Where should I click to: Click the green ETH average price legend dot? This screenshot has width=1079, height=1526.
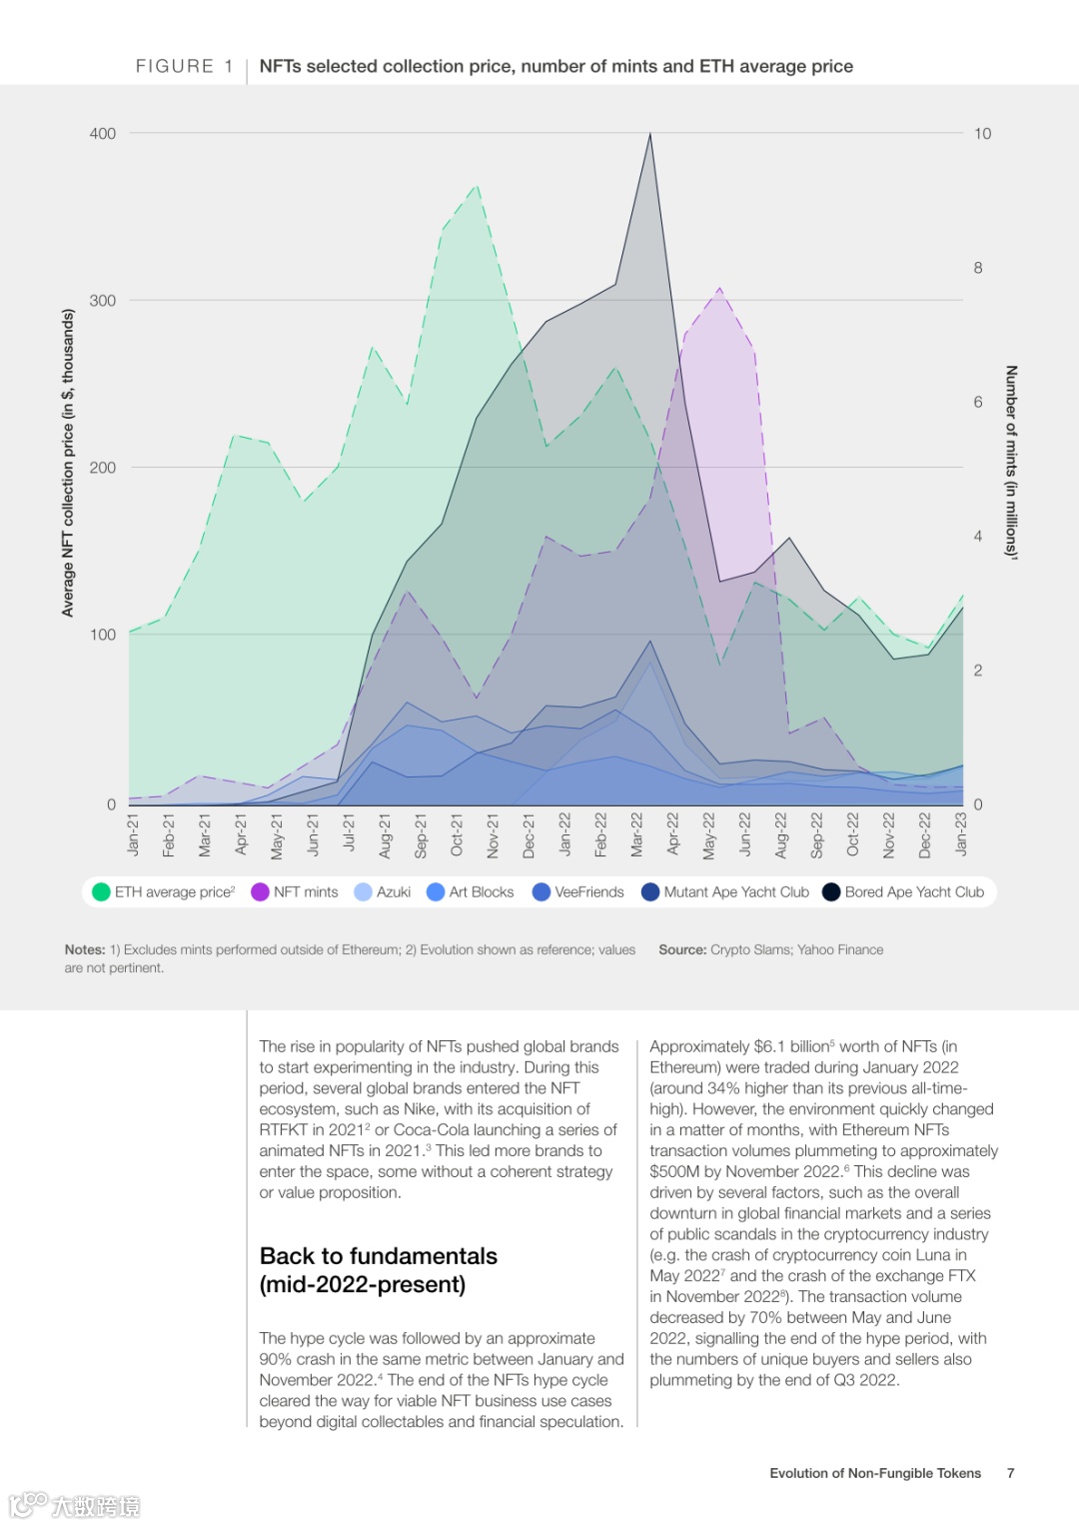coord(101,891)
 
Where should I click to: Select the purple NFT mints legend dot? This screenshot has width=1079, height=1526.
coord(260,891)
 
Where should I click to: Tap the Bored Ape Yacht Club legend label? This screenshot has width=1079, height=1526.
coord(913,891)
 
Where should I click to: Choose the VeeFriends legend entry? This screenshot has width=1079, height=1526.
coord(588,891)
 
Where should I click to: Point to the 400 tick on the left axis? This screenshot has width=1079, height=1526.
coord(102,133)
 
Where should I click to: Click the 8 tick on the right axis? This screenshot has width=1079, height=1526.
coord(978,268)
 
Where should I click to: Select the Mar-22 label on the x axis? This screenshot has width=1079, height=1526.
coord(637,833)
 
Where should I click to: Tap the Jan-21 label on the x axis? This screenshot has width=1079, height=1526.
coord(134,833)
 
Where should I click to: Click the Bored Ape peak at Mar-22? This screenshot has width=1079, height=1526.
coord(650,134)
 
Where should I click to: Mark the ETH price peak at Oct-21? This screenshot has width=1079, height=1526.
coord(477,186)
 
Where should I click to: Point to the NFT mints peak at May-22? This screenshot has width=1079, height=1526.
coord(719,289)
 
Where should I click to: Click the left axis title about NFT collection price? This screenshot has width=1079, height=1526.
coord(68,462)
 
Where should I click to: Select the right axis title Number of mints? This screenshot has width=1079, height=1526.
coord(1011,462)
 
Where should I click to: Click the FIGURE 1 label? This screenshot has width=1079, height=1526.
coord(185,66)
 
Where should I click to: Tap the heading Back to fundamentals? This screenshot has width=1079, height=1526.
coord(379,1256)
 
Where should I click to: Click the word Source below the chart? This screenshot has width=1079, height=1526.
coord(681,949)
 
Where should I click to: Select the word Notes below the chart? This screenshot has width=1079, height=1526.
coord(84,949)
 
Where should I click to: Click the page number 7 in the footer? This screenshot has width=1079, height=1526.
coord(1011,1473)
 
